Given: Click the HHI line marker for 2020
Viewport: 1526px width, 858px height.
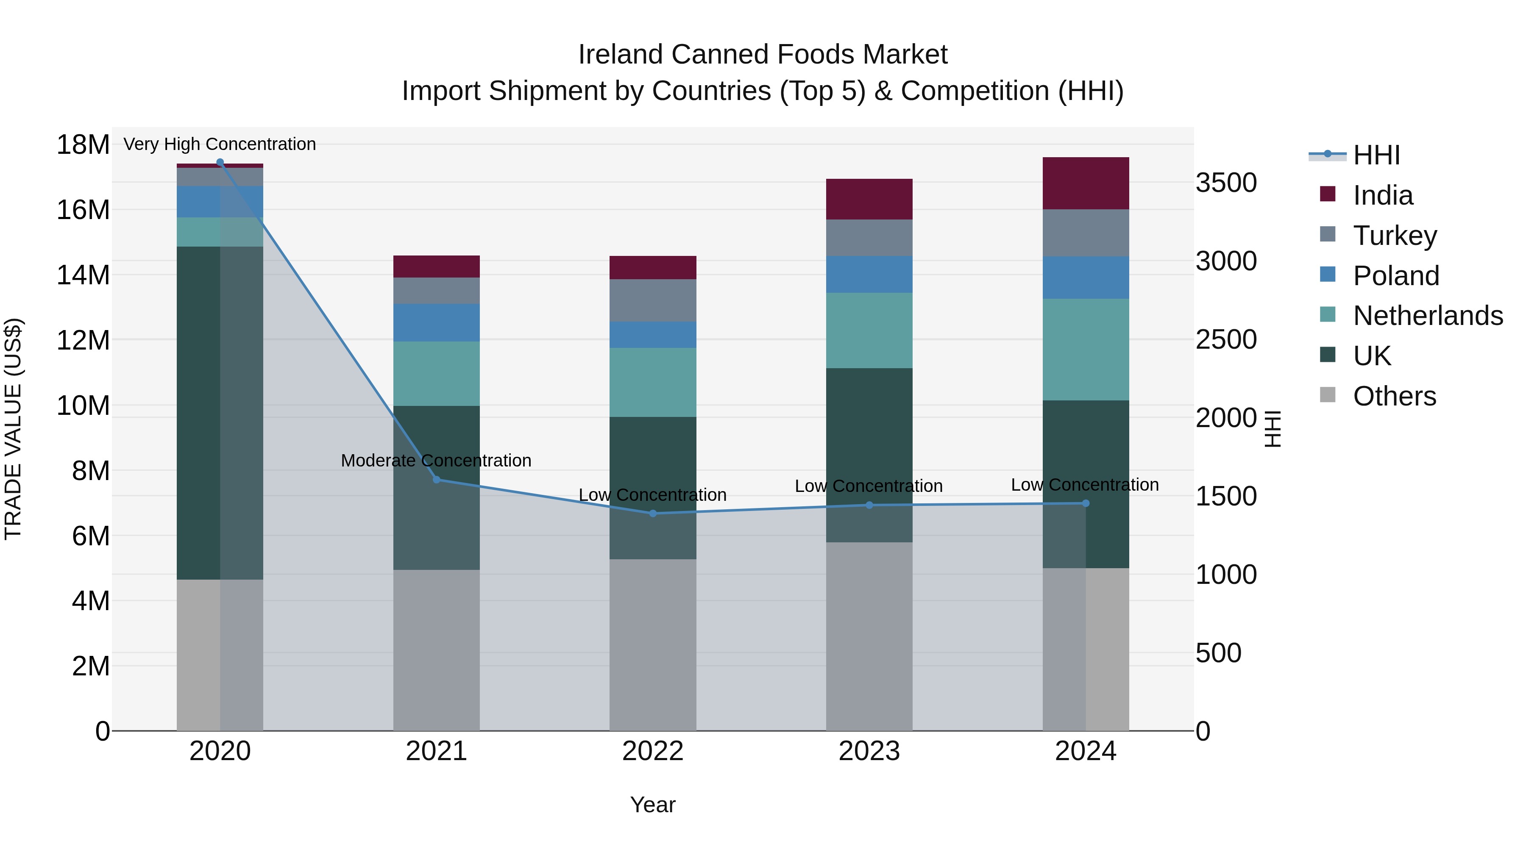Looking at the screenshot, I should point(220,162).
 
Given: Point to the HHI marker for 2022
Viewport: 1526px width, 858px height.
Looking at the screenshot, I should point(653,514).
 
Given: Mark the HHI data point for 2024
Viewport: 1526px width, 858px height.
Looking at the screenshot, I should point(1086,503).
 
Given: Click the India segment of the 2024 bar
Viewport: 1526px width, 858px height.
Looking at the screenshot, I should point(1086,183).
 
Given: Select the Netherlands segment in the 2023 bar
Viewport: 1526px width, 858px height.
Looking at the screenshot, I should point(869,330).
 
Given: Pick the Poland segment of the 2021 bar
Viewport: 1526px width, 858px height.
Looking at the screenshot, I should point(437,323).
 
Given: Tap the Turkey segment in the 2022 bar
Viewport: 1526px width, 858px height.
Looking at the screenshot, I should point(653,300).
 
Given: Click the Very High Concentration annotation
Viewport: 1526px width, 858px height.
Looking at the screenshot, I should point(220,144).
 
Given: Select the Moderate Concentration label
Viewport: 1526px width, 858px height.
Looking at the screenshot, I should point(436,460).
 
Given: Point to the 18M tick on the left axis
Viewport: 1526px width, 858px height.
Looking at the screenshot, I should point(83,144).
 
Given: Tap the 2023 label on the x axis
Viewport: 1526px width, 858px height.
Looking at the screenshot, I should point(869,751).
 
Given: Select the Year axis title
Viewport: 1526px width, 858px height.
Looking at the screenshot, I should point(653,805).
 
